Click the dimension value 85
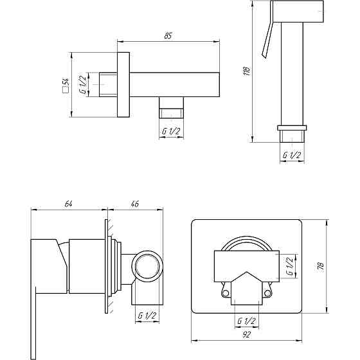click(168, 36)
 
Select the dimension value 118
click(246, 71)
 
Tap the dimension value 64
click(68, 204)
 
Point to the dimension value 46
click(135, 204)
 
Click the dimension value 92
click(246, 335)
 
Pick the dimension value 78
click(321, 265)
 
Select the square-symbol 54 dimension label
click(66, 85)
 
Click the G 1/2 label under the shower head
click(292, 155)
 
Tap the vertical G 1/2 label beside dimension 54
click(83, 84)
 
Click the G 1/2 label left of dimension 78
click(290, 266)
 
